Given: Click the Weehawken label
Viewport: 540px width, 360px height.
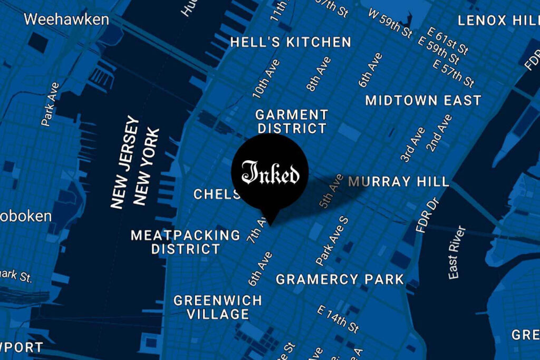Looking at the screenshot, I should (x=66, y=20).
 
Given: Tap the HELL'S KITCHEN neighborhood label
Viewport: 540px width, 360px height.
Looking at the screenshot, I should (x=291, y=42).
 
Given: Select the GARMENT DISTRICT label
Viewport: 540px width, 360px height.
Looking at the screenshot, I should (x=291, y=121).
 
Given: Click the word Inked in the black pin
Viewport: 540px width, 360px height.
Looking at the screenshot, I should (x=270, y=173).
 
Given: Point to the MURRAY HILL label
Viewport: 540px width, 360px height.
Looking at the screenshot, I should (x=399, y=182).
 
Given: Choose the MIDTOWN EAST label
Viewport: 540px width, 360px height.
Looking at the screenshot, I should (x=423, y=100).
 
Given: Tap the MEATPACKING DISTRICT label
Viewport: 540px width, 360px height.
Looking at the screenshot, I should (x=185, y=242).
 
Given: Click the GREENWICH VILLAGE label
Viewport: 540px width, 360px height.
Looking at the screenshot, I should (x=218, y=307).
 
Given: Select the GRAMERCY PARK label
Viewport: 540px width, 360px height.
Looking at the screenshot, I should (x=340, y=279).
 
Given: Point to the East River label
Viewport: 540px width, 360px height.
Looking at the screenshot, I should (x=457, y=252).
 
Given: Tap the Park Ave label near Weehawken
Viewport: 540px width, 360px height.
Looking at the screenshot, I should (x=51, y=103).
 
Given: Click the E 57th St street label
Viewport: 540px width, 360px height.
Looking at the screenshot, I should (x=454, y=73).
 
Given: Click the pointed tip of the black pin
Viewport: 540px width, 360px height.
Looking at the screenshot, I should (x=270, y=225).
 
